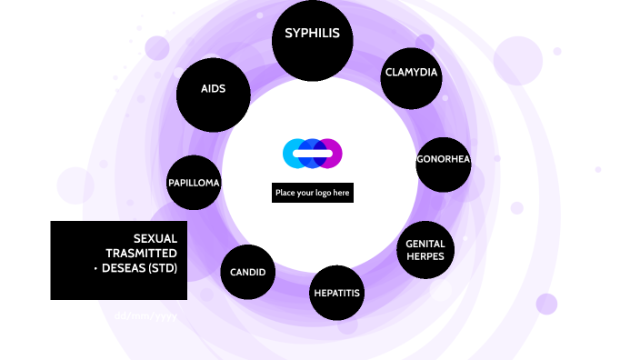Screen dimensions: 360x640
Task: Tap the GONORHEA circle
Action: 443,160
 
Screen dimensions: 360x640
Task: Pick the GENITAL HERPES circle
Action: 425,249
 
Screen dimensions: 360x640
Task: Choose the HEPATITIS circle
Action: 336,294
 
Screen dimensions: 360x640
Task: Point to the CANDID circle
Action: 247,272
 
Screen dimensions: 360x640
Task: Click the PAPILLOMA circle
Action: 194,182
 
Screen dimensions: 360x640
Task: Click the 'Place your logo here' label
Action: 312,193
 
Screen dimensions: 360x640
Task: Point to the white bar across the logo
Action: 312,154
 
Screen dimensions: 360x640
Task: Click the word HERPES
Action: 425,256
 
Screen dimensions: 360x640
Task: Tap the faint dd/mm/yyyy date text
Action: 145,315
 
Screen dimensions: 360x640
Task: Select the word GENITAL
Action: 425,244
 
